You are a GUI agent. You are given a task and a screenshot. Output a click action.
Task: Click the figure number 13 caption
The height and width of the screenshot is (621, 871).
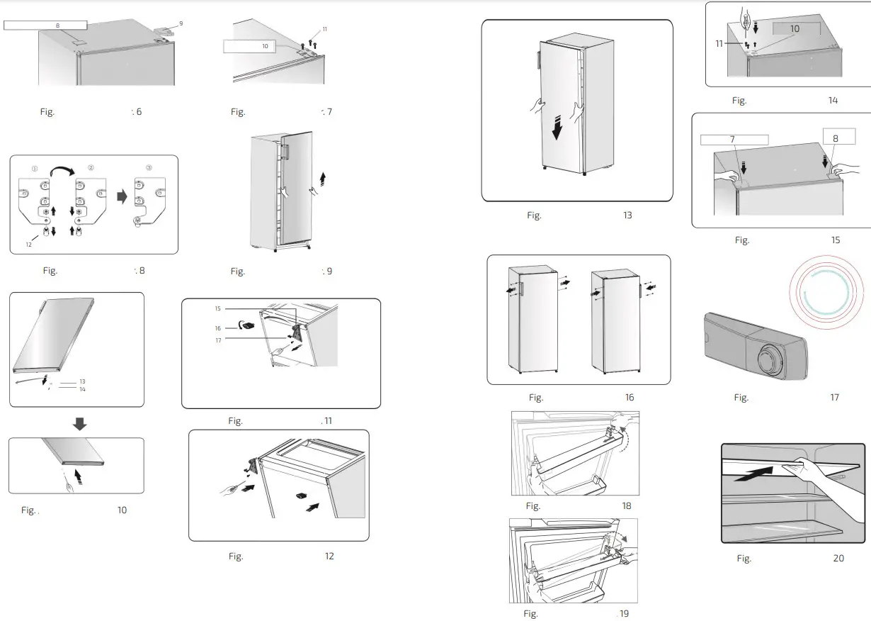tap(627, 216)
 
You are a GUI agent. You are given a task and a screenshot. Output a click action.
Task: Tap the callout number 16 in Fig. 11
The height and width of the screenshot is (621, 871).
tap(218, 328)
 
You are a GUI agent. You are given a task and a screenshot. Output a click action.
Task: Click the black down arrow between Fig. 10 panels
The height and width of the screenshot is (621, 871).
tap(79, 424)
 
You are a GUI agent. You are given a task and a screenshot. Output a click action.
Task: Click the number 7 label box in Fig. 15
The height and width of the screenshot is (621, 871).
tap(734, 140)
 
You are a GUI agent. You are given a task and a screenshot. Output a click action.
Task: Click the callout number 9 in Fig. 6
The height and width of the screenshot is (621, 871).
tap(181, 24)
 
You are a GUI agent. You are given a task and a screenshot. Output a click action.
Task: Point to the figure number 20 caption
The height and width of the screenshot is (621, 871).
tap(838, 559)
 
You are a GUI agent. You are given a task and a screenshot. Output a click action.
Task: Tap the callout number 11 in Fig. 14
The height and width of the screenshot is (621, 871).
tap(719, 44)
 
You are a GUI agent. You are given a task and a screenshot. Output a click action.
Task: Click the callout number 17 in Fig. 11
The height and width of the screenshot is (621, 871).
tap(218, 340)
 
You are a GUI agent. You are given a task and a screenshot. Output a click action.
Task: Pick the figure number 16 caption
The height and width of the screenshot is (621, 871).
tap(630, 398)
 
